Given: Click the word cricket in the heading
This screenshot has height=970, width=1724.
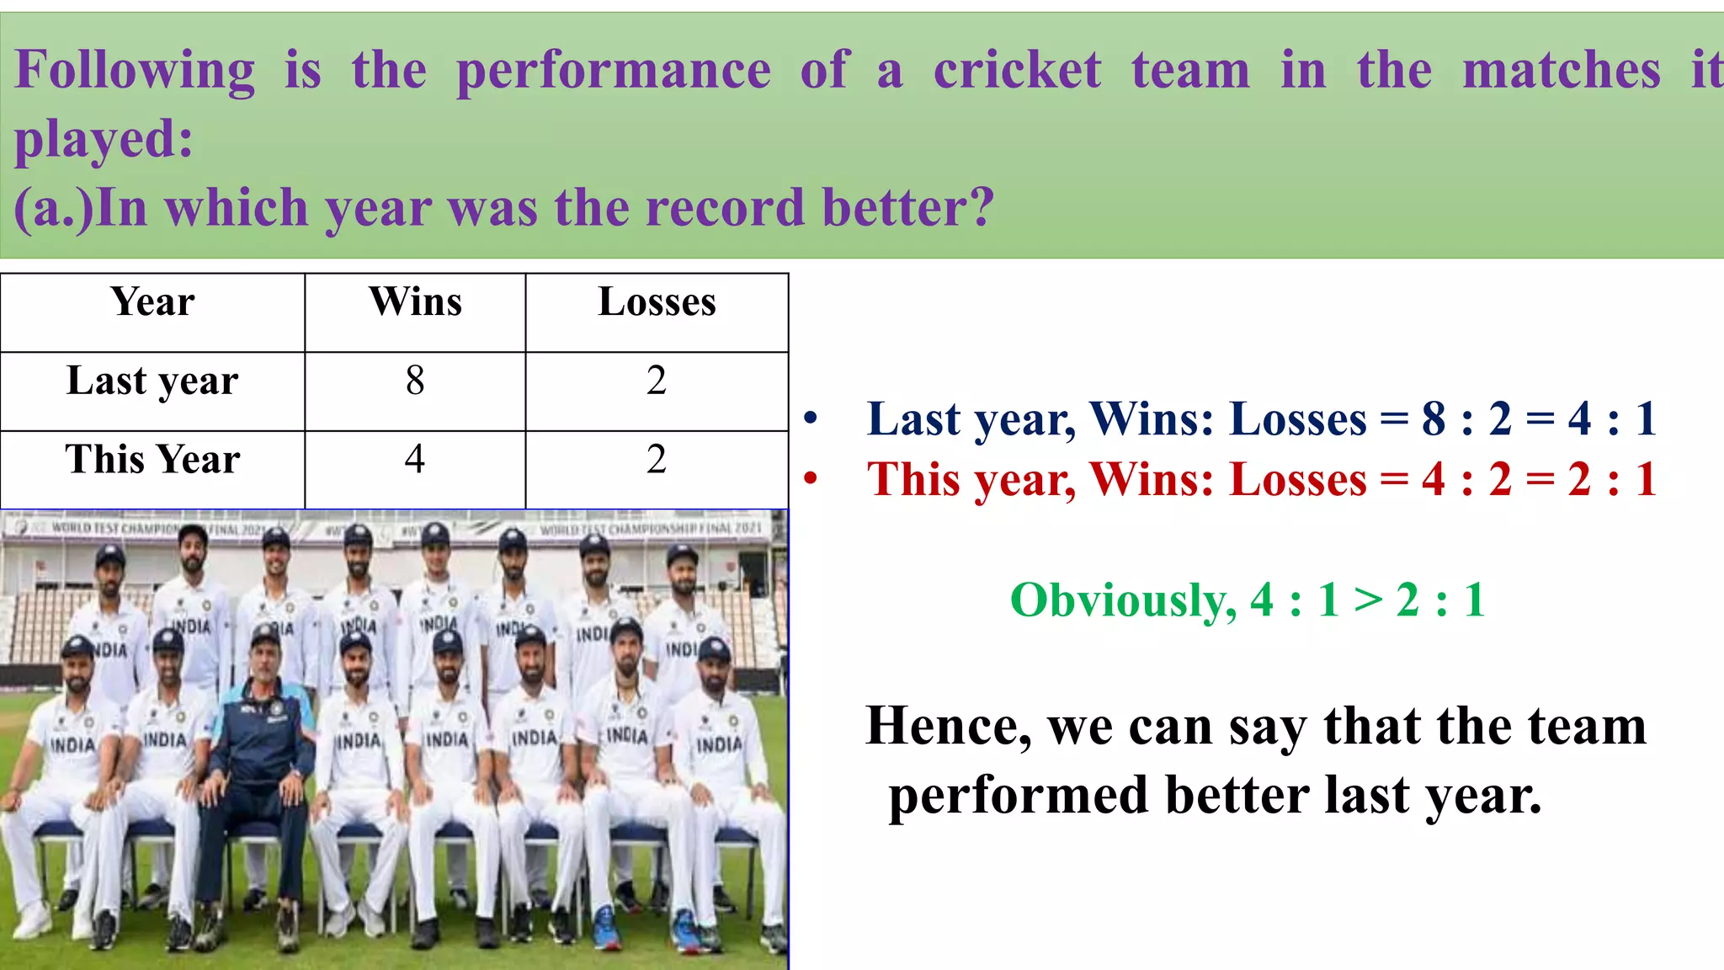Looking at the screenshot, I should (1017, 70).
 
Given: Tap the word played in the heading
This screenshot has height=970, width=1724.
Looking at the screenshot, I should (103, 140).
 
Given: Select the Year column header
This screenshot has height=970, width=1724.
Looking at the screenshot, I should (152, 302).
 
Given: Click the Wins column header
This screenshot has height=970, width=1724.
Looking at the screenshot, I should (415, 302).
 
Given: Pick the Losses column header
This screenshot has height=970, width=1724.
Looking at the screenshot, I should (657, 302).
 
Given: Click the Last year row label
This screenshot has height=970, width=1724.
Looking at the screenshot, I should (152, 381).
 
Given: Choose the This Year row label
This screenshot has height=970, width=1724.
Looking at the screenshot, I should (152, 460).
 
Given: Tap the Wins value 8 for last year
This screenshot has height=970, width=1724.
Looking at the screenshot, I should (415, 381).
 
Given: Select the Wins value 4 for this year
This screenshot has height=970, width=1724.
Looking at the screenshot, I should (415, 460).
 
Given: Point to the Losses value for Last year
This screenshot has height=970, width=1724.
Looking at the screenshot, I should (657, 381).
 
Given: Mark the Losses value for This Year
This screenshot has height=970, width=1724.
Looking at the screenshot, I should (657, 460).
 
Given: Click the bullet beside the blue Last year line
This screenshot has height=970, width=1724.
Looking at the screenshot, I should (811, 418).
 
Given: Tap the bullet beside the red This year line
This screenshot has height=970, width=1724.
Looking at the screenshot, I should (811, 479).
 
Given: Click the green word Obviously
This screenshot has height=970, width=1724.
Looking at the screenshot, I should (1123, 601).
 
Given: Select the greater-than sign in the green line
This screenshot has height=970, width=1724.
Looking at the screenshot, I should (1368, 601).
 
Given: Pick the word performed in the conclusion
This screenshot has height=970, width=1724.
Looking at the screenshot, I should (1019, 796).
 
